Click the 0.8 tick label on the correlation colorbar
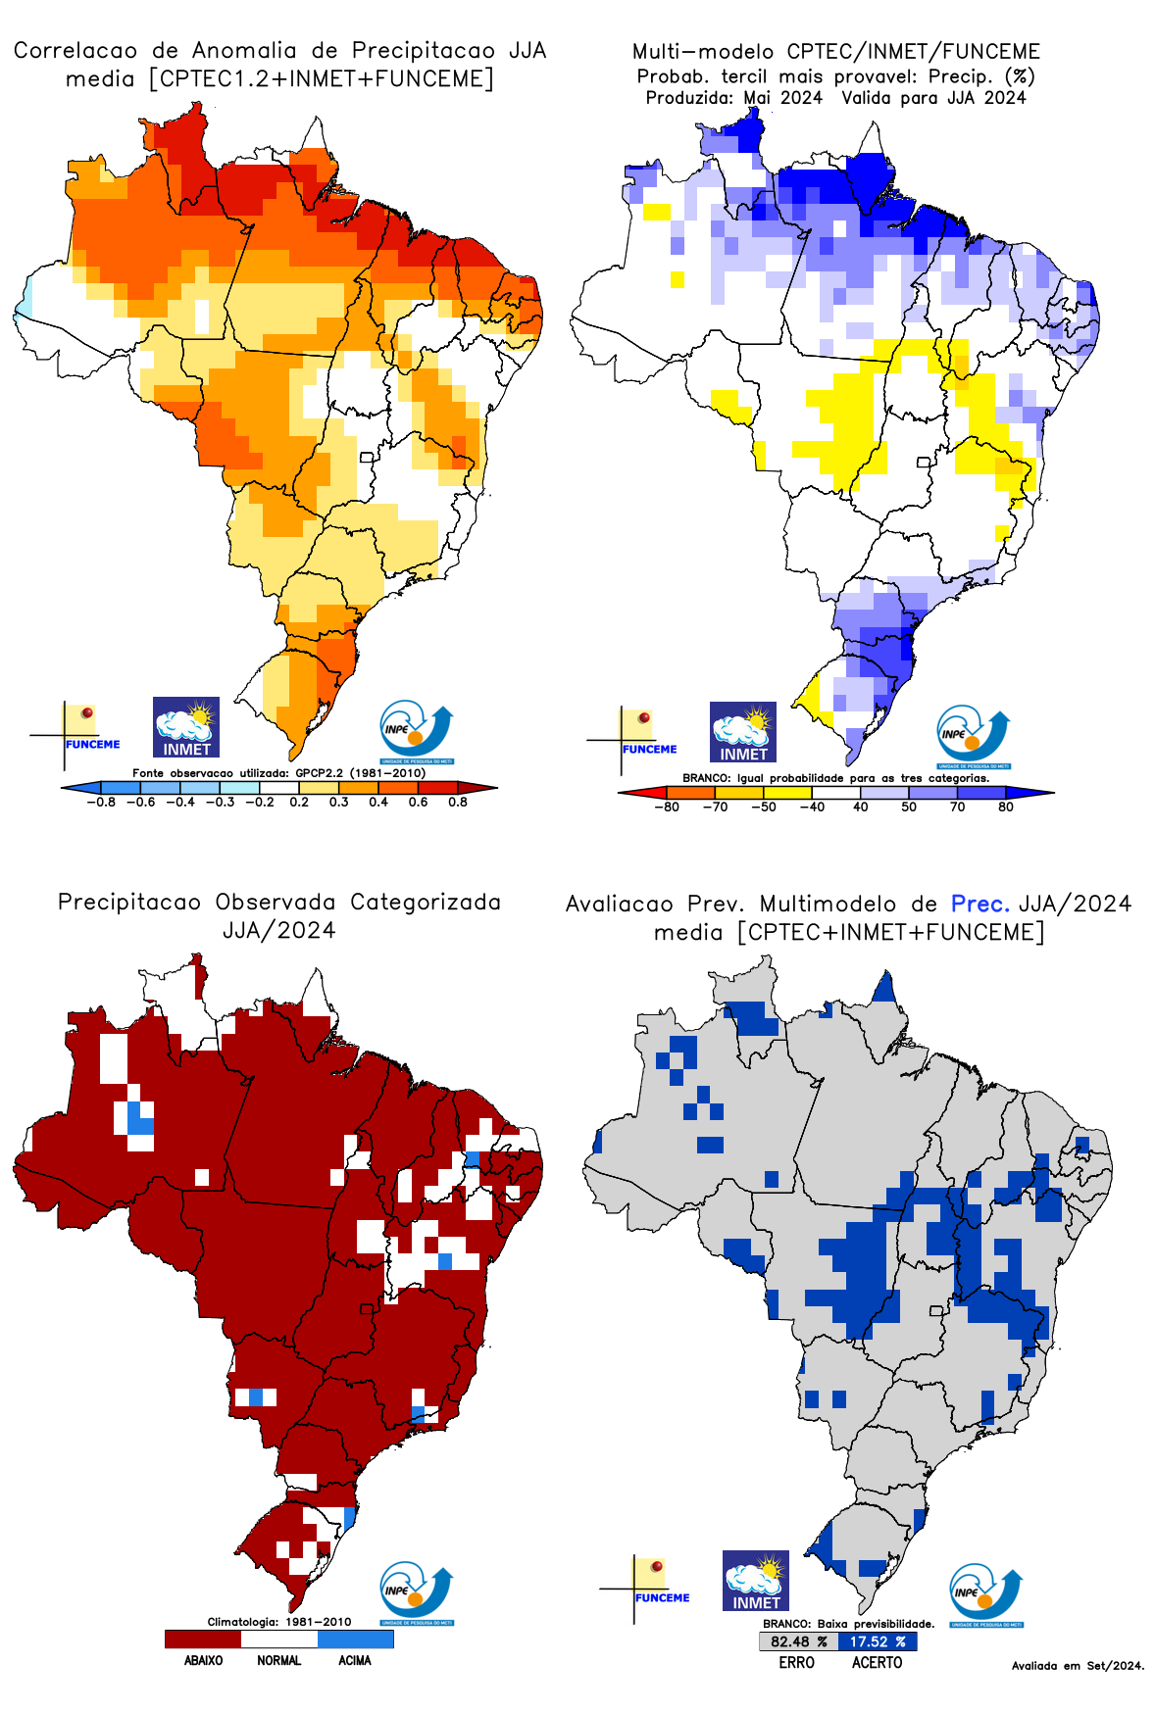click(458, 802)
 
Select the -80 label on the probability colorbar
click(667, 808)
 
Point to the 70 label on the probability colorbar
click(957, 808)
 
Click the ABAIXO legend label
click(203, 1660)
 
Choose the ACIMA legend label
click(355, 1660)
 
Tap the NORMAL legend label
click(279, 1660)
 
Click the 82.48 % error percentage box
click(798, 1641)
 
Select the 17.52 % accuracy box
click(878, 1641)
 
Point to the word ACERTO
click(877, 1663)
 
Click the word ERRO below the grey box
click(797, 1663)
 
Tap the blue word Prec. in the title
click(979, 904)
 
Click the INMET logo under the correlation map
click(186, 727)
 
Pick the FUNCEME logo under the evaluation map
click(647, 1588)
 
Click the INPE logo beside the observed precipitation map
click(417, 1592)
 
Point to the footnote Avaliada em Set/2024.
click(1078, 1666)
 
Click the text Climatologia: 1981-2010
click(279, 1622)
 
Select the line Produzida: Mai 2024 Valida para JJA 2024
click(835, 98)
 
